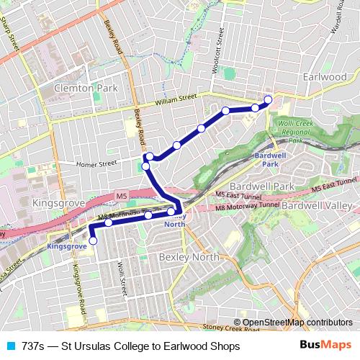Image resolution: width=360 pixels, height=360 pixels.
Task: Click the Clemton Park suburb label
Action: [x=85, y=88]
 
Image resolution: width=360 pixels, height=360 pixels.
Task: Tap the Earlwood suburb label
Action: [x=325, y=76]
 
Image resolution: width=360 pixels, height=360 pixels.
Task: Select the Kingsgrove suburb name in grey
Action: [x=56, y=204]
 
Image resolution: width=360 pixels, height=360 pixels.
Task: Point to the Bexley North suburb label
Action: [x=183, y=257]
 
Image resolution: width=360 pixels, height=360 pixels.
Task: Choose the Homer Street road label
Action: [x=97, y=164]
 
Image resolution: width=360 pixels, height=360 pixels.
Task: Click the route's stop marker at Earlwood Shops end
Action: [x=268, y=99]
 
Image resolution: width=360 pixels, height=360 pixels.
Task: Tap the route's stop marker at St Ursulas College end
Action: [x=93, y=241]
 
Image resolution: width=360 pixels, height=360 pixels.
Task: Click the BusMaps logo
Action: [x=325, y=346]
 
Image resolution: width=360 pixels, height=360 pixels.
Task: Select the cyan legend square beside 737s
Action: [x=10, y=346]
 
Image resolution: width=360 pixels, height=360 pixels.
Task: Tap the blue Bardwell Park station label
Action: [x=269, y=159]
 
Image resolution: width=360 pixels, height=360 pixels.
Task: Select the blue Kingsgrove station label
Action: [x=66, y=246]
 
